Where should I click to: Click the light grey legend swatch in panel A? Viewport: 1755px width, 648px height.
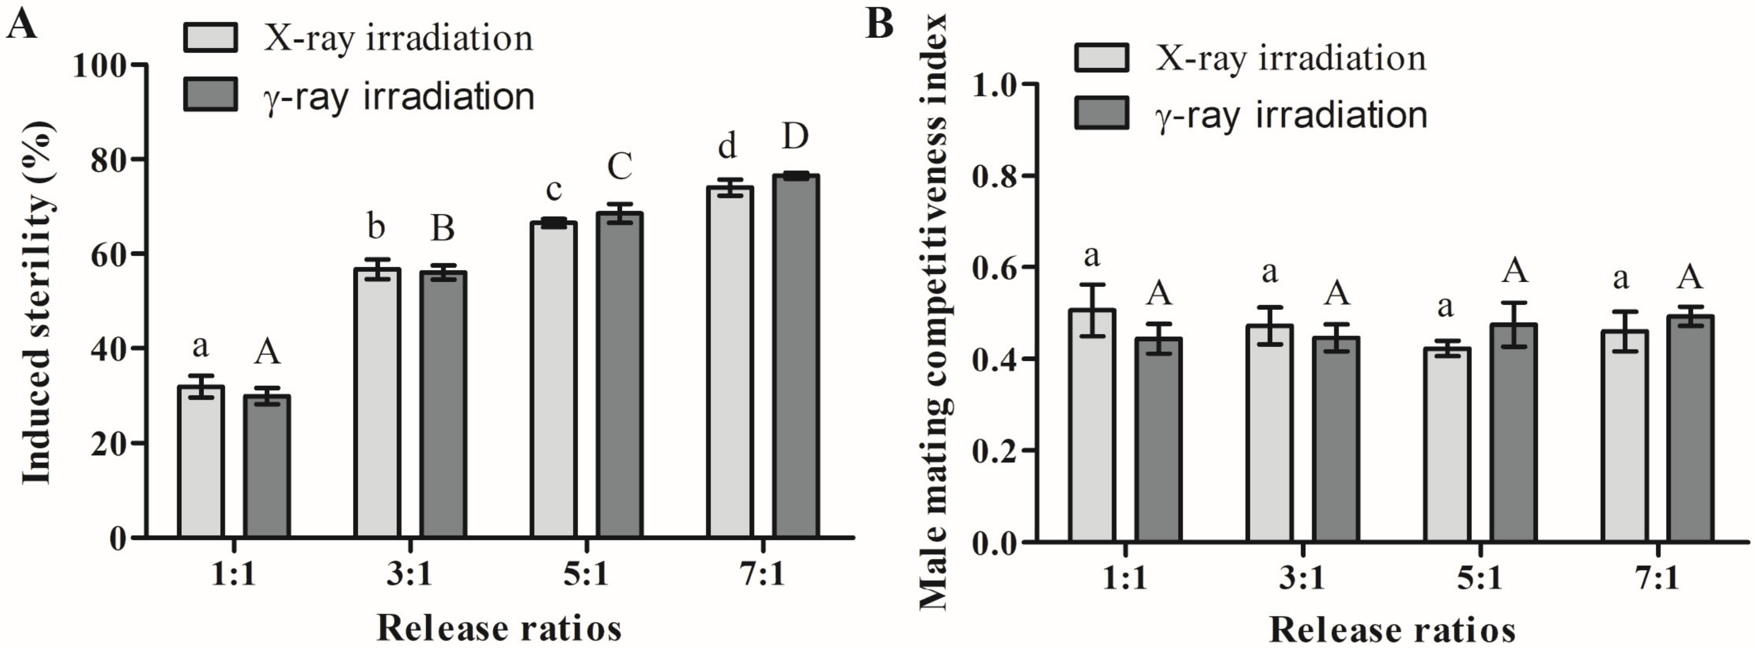click(210, 37)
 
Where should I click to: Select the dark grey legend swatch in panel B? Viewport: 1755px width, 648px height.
click(1102, 113)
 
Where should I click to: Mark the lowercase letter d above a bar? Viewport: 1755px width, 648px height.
click(728, 146)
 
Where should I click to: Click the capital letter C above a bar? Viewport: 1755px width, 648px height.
click(620, 166)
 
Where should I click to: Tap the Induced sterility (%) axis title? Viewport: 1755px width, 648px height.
click(37, 303)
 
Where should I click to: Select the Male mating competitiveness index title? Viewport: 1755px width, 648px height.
click(935, 314)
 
